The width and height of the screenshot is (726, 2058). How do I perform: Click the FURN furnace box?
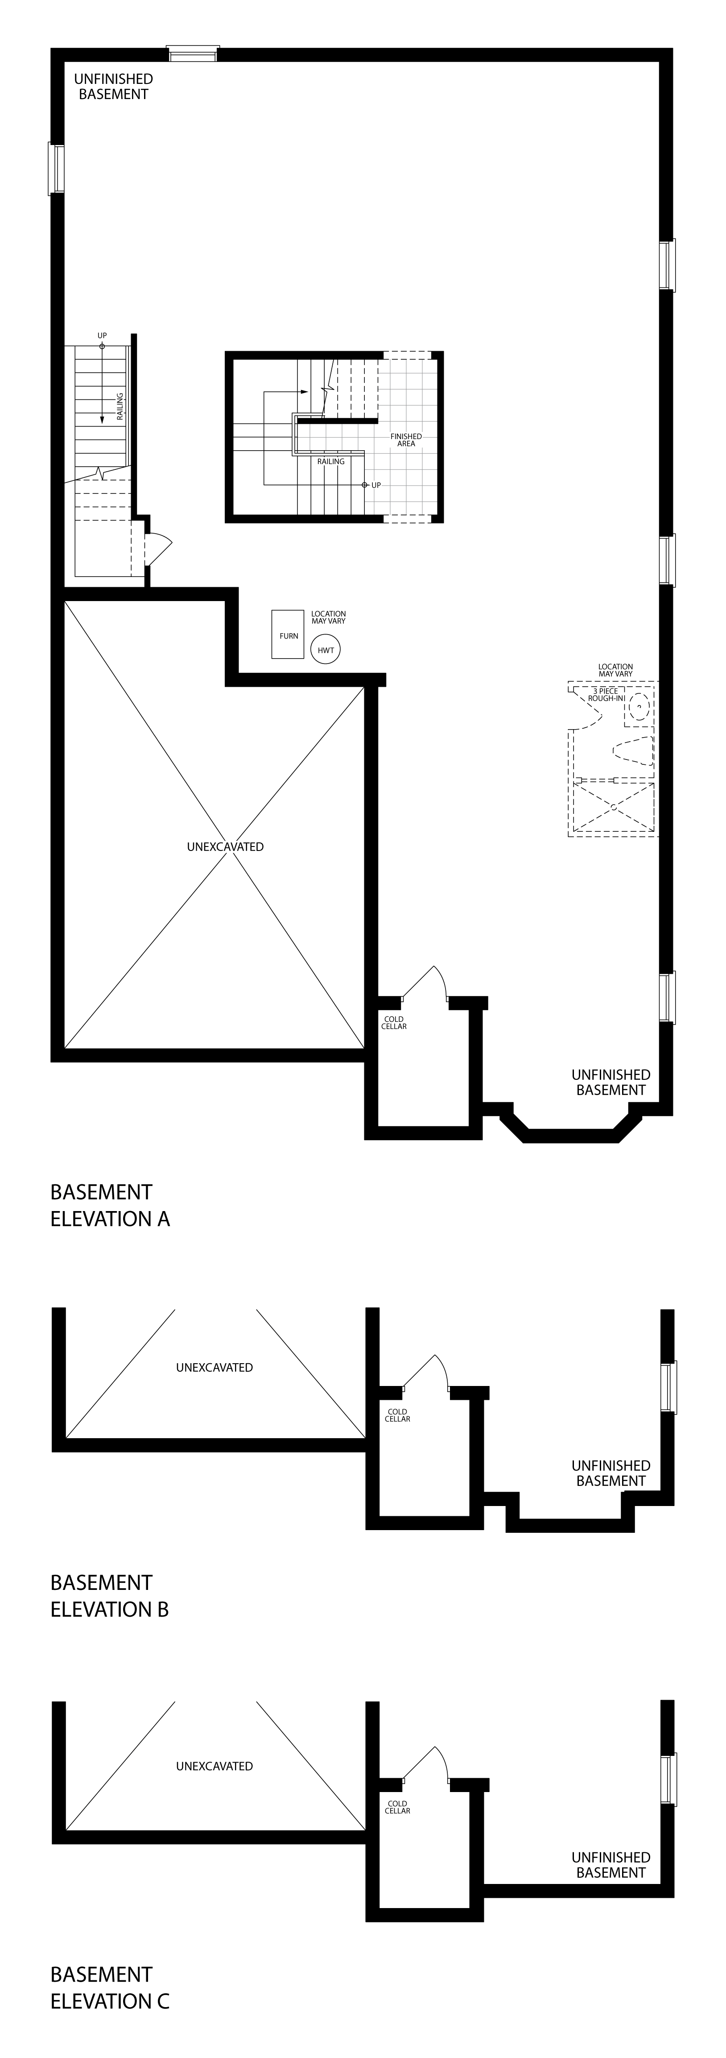(x=288, y=635)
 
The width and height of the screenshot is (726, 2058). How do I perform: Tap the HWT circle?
(x=326, y=650)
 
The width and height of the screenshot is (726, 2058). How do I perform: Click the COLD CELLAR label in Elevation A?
(x=394, y=1023)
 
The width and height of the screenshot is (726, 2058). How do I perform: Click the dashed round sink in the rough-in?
(x=638, y=707)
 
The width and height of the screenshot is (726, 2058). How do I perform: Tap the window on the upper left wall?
(x=56, y=168)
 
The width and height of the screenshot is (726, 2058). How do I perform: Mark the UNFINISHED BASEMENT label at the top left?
(x=113, y=86)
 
